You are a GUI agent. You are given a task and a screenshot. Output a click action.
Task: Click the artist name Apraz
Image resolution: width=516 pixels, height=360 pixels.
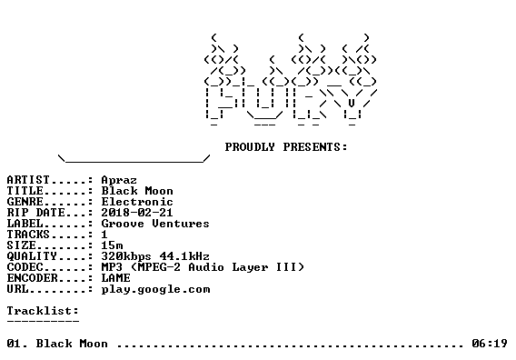click(119, 181)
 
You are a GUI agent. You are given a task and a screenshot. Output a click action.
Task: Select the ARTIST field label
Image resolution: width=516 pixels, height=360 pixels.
click(28, 180)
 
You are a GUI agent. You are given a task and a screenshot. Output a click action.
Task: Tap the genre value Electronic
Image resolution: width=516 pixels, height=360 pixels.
click(137, 202)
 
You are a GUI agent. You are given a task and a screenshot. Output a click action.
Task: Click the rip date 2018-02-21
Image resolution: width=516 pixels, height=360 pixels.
click(137, 213)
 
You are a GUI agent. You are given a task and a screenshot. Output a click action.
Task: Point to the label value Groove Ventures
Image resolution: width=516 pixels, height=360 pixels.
click(155, 224)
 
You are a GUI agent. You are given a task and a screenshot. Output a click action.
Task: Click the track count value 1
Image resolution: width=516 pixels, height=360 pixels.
click(104, 235)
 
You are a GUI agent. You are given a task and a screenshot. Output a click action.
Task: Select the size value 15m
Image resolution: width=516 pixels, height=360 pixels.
click(112, 245)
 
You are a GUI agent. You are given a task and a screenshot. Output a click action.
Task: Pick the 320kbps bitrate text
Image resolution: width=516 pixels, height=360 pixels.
click(126, 256)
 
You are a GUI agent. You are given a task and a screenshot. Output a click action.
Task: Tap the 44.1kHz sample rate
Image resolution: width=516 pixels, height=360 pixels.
click(184, 256)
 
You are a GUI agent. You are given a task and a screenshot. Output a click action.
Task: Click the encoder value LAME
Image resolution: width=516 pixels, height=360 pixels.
click(115, 277)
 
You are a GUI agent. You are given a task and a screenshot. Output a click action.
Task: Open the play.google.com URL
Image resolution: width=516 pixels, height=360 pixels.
click(155, 289)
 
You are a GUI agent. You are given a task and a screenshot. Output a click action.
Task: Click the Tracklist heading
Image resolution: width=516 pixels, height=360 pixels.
click(43, 311)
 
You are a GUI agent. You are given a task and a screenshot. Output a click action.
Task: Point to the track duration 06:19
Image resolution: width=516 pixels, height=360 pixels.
click(490, 344)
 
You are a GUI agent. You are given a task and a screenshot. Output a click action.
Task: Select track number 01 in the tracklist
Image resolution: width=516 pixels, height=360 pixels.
click(14, 344)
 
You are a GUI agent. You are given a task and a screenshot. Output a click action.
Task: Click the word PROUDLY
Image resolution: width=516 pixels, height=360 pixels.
click(250, 147)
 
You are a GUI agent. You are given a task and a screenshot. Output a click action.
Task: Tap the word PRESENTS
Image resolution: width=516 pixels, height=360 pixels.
click(312, 147)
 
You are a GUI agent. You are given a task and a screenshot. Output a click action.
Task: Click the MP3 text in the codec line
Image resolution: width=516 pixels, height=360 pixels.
click(112, 266)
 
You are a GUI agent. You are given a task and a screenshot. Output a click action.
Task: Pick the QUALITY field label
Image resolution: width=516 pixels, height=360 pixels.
click(32, 256)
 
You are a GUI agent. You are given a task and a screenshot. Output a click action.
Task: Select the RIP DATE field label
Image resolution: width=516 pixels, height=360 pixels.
click(35, 213)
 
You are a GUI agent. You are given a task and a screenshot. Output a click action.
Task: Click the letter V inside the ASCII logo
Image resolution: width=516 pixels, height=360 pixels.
click(352, 103)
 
